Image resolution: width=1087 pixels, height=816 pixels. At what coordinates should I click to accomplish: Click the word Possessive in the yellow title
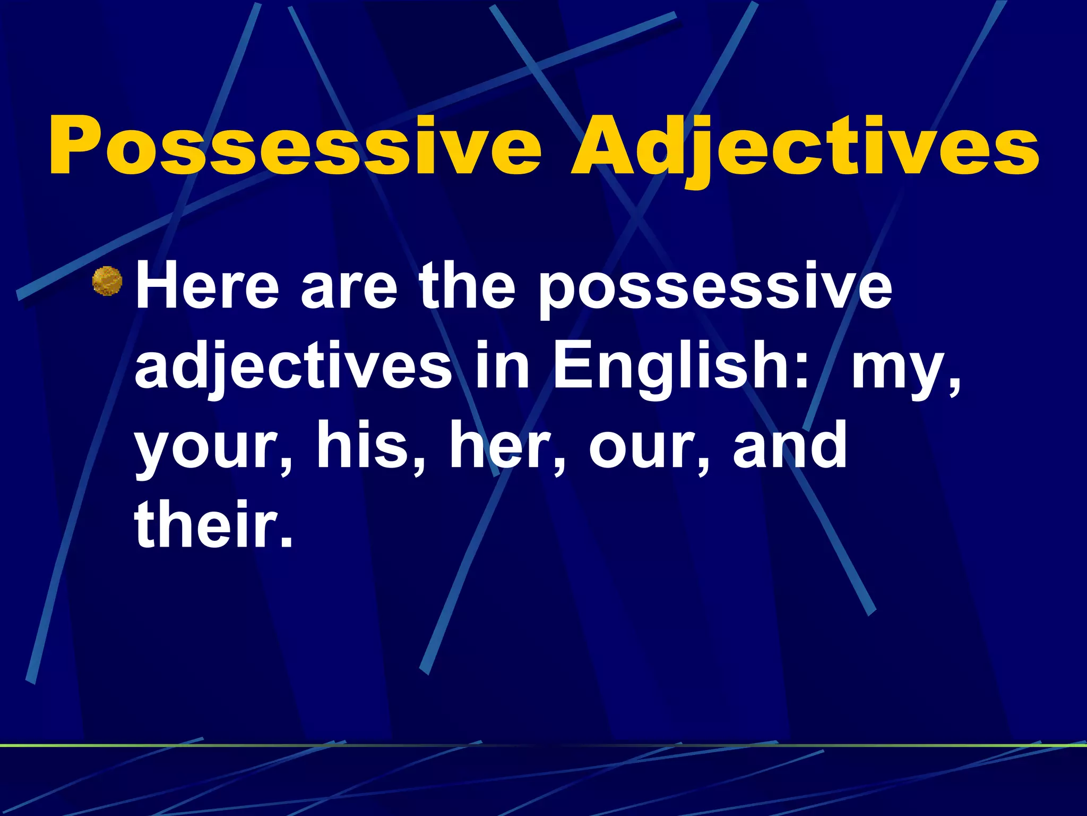pyautogui.click(x=295, y=146)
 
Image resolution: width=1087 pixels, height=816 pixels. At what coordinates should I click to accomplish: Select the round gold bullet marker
pyautogui.click(x=107, y=281)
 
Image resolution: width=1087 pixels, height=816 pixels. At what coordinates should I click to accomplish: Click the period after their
pyautogui.click(x=286, y=542)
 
